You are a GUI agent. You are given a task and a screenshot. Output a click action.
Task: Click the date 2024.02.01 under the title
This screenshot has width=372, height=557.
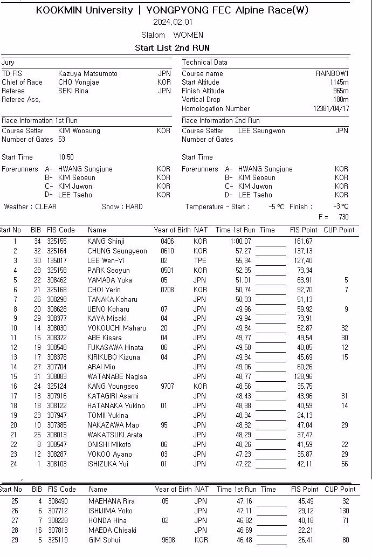click(173, 22)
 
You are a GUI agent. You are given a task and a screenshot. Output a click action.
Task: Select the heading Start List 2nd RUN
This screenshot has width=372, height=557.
click(172, 48)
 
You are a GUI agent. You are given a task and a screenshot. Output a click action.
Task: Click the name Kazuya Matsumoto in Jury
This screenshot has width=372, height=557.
click(87, 74)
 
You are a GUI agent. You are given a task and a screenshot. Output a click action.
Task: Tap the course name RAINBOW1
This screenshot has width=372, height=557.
click(332, 74)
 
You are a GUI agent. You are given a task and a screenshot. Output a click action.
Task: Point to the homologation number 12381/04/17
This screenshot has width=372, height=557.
click(331, 108)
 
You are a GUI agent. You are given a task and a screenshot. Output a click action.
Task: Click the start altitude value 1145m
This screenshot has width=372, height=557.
click(339, 82)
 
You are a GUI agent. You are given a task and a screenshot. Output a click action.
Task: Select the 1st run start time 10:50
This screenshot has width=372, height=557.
click(66, 157)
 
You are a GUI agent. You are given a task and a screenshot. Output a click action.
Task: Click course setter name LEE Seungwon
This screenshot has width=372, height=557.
click(261, 131)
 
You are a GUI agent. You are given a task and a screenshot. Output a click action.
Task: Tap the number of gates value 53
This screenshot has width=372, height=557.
click(61, 140)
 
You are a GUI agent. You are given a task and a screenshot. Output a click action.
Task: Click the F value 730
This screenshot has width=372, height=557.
click(343, 217)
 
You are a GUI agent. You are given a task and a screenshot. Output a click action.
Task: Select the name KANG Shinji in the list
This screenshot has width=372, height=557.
click(106, 242)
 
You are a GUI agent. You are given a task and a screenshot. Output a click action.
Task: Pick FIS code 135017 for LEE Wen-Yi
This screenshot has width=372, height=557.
click(57, 261)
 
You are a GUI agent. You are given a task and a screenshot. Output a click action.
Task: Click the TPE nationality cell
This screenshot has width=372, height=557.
click(199, 261)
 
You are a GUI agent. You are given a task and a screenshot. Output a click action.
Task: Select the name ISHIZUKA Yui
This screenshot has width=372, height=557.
click(108, 464)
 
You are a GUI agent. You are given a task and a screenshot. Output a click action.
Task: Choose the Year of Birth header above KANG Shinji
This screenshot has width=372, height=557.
click(172, 230)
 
